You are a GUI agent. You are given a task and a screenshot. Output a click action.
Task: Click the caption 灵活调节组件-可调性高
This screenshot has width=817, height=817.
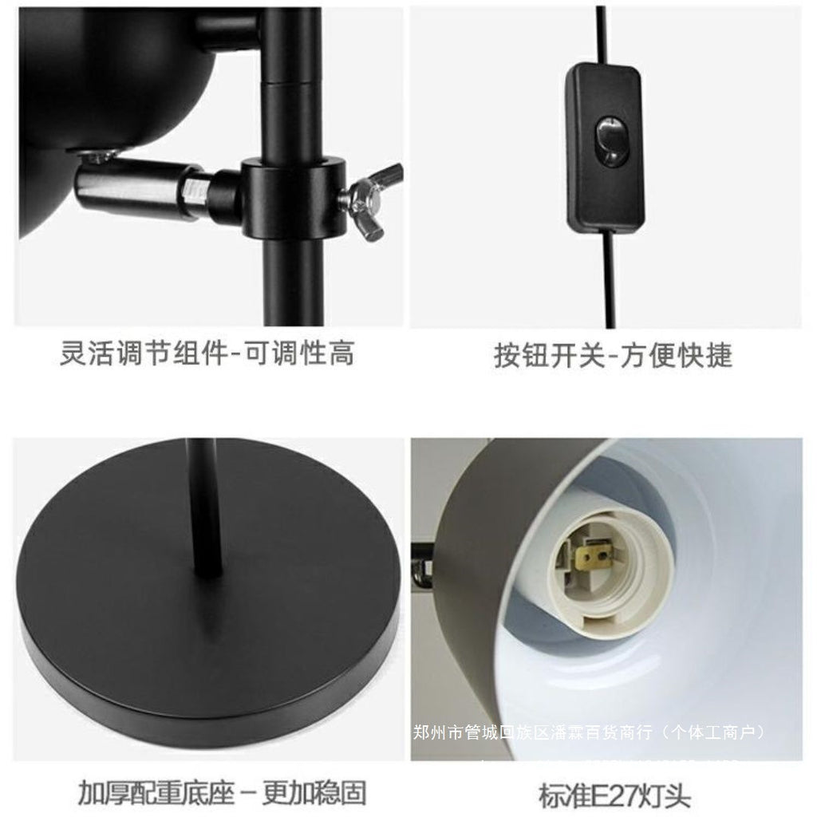(x=207, y=352)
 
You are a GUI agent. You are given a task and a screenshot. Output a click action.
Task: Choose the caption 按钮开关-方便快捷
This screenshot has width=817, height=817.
(x=613, y=355)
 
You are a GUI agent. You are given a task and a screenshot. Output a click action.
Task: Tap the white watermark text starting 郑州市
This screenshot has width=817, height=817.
(x=590, y=732)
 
